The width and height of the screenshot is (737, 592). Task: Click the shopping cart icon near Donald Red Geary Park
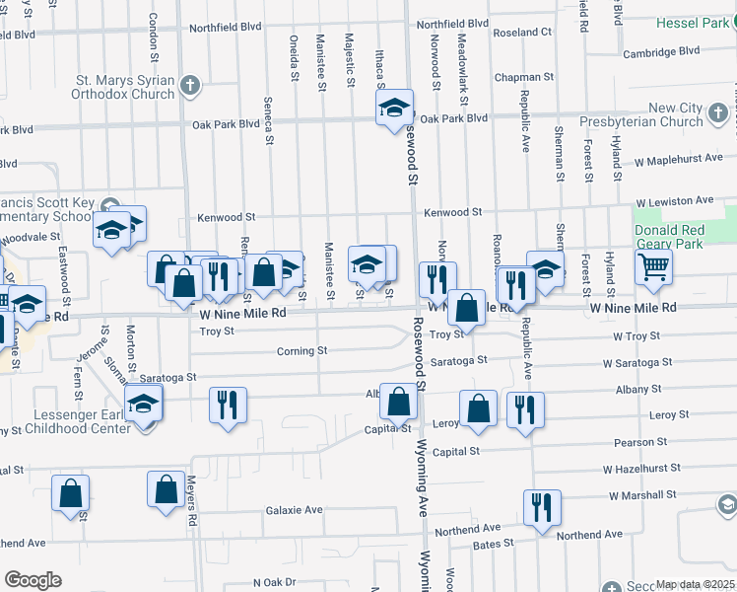coord(653,265)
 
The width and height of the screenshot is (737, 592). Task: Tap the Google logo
coord(33,580)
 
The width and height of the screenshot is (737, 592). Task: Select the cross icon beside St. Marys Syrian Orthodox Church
coord(191,87)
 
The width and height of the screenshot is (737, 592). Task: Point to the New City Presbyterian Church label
coord(676,114)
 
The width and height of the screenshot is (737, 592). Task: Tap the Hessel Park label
coord(701,21)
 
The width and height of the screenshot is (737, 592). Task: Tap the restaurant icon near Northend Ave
coord(542,507)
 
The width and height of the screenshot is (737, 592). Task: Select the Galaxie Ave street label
coord(294,510)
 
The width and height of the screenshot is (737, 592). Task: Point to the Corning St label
coord(301,350)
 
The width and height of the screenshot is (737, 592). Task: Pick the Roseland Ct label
coord(524,32)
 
